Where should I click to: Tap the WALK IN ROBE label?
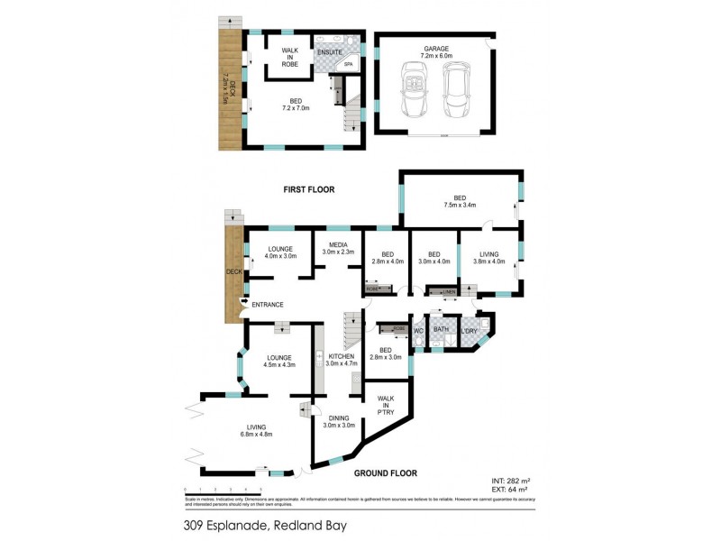click(x=289, y=56)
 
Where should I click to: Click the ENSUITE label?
click(x=329, y=52)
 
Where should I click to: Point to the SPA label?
click(x=348, y=64)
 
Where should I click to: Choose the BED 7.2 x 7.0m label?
click(x=295, y=105)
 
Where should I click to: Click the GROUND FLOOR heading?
click(x=384, y=472)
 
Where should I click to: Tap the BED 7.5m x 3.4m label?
click(x=460, y=201)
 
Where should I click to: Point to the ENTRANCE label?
click(x=268, y=305)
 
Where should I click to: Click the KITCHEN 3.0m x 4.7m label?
click(x=341, y=360)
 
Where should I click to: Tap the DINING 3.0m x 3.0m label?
click(x=339, y=421)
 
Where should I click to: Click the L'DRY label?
click(x=470, y=330)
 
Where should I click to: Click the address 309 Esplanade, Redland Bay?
click(x=263, y=524)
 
